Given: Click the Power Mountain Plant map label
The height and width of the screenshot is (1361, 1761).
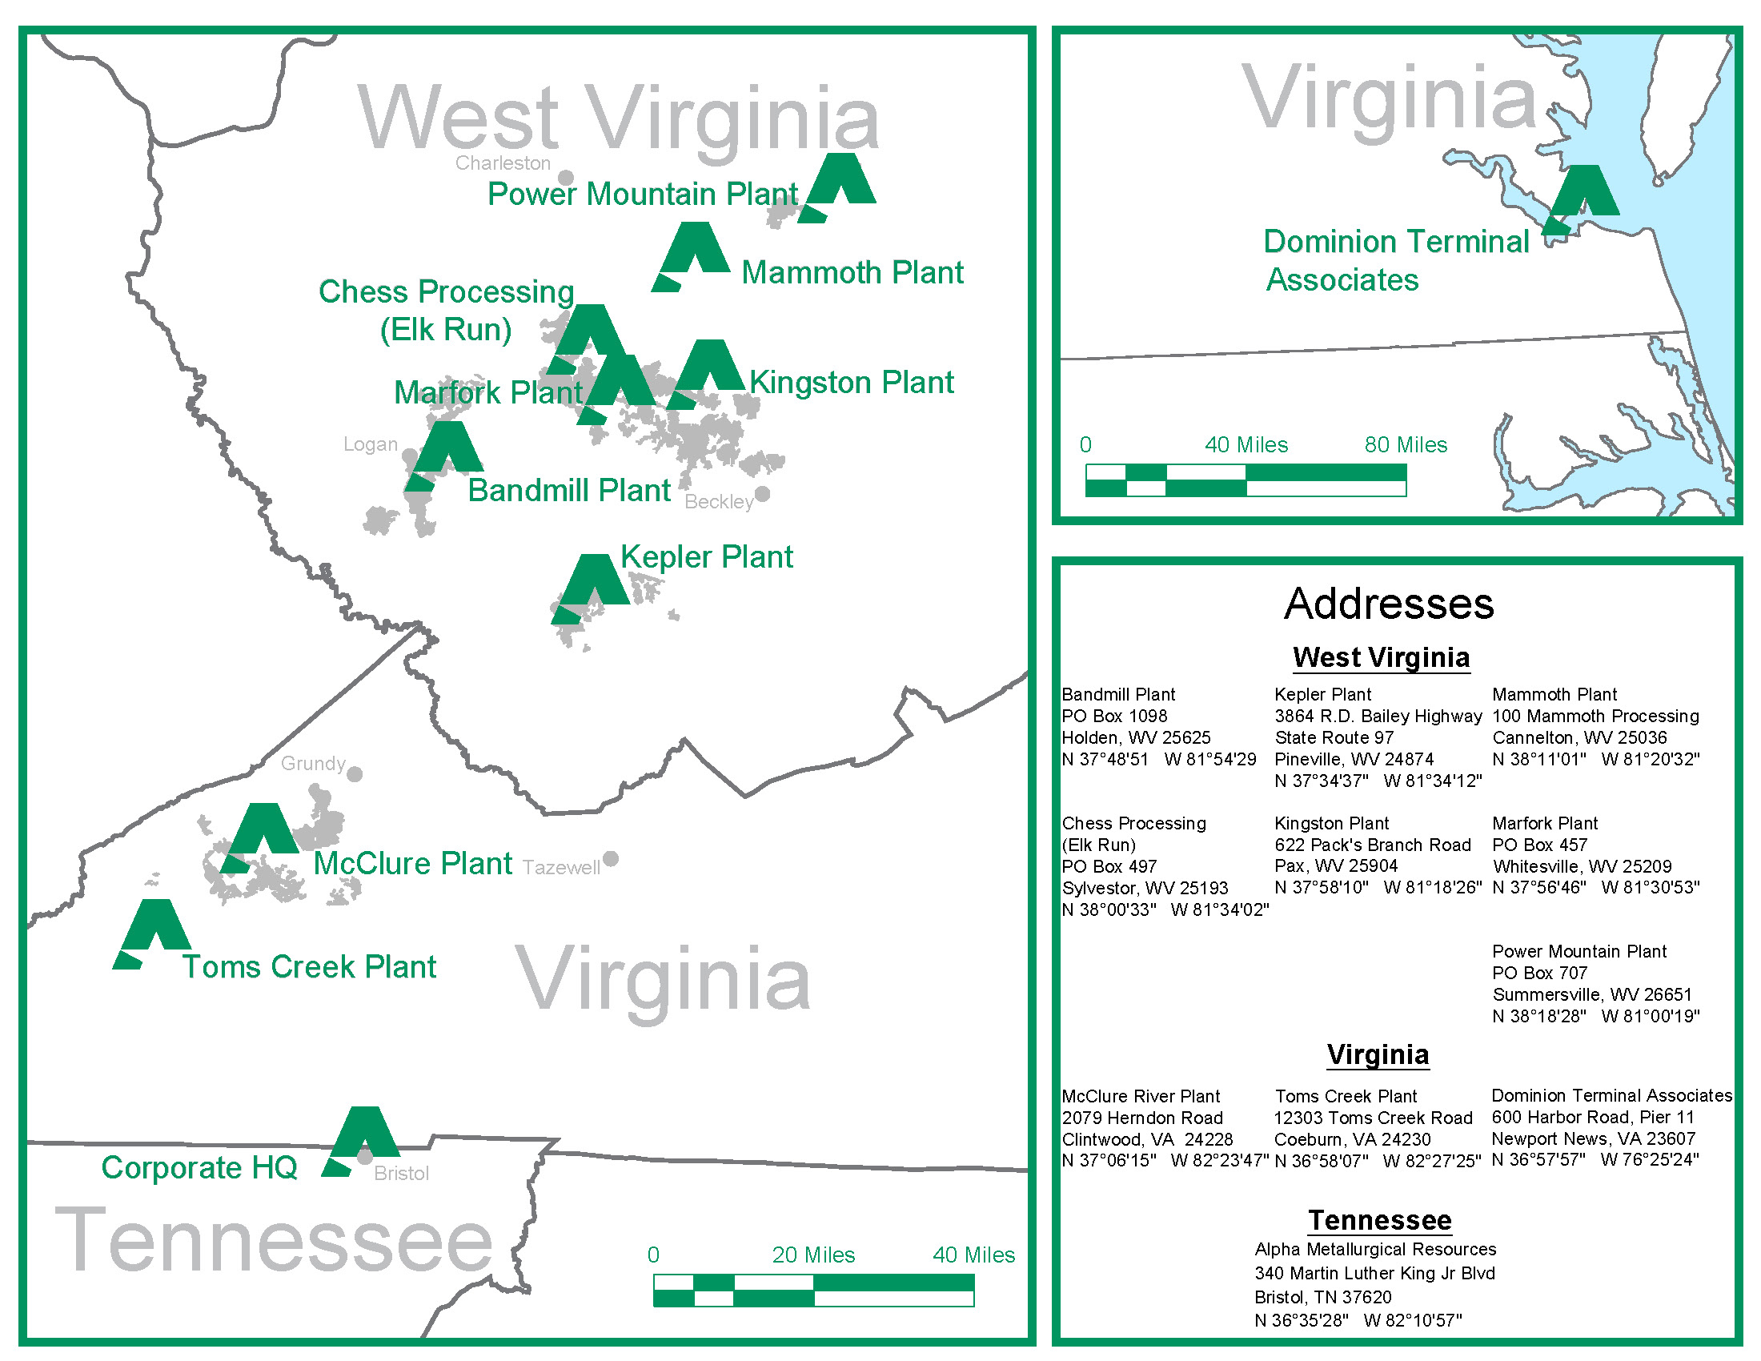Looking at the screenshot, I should click(643, 195).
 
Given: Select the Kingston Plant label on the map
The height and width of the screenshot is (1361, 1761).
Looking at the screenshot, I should click(852, 382).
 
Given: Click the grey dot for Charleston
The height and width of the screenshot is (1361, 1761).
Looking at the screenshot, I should click(566, 178).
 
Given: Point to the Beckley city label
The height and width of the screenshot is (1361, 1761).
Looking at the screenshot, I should click(719, 501).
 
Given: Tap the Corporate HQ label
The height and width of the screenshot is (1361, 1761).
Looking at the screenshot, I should click(199, 1167).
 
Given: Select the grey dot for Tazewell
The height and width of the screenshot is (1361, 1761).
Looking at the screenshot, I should click(612, 859).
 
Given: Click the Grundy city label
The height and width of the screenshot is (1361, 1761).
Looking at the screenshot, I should click(313, 764).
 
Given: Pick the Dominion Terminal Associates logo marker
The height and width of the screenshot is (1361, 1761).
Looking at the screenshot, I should click(1582, 198).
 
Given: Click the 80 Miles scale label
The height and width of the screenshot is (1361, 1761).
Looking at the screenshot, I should click(1406, 444).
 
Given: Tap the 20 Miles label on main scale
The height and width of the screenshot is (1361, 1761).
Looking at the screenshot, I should click(812, 1255).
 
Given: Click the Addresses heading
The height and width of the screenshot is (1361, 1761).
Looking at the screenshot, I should click(1389, 603).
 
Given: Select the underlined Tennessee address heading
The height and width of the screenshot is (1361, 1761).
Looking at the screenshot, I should click(1380, 1220).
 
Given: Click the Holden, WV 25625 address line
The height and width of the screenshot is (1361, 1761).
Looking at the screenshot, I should click(1135, 737).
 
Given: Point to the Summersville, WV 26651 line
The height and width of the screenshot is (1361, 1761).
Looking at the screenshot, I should click(1591, 994).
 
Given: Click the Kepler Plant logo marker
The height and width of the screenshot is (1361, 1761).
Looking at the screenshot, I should click(591, 587).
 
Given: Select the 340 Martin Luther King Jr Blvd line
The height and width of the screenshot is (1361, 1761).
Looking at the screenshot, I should click(1374, 1273).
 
